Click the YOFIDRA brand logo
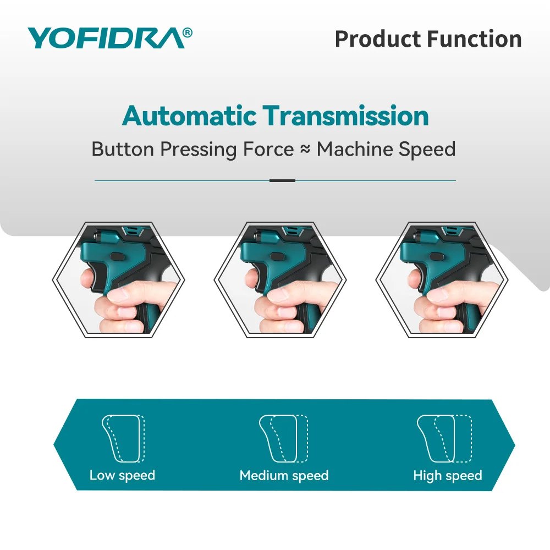pos(110,38)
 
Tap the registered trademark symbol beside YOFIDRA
pos(188,32)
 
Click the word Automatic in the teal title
pos(189,116)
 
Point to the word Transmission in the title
pos(346,116)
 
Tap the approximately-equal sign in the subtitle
pos(305,149)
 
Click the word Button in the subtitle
pos(123,149)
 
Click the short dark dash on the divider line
pos(282,180)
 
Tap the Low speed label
pos(122,476)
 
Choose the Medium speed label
pos(284,476)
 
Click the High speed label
pos(448,476)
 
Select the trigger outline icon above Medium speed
pos(284,438)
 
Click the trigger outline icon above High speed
pos(444,438)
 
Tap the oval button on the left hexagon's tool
pos(118,256)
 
